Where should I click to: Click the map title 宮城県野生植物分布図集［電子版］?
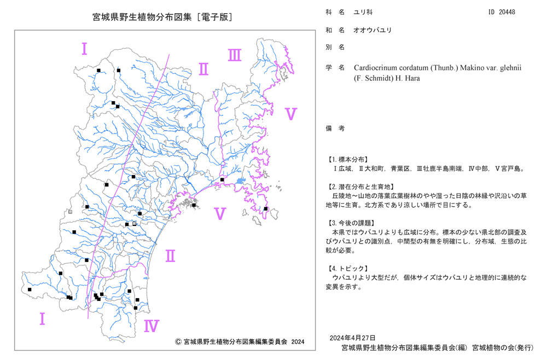(x=162, y=17)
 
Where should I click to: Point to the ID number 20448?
(x=507, y=12)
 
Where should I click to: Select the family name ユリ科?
(x=363, y=12)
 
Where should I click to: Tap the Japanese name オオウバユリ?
(x=373, y=30)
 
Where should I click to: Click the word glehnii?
(x=510, y=68)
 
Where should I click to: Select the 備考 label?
(x=335, y=129)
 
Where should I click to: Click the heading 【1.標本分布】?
(x=347, y=160)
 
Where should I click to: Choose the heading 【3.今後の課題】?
(x=351, y=223)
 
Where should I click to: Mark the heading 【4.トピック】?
(x=347, y=269)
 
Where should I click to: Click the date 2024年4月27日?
(x=352, y=338)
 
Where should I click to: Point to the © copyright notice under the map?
(x=240, y=342)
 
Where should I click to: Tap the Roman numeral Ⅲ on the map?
(x=235, y=55)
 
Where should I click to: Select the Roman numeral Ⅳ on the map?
(x=152, y=326)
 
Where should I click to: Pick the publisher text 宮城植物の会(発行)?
(x=503, y=348)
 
